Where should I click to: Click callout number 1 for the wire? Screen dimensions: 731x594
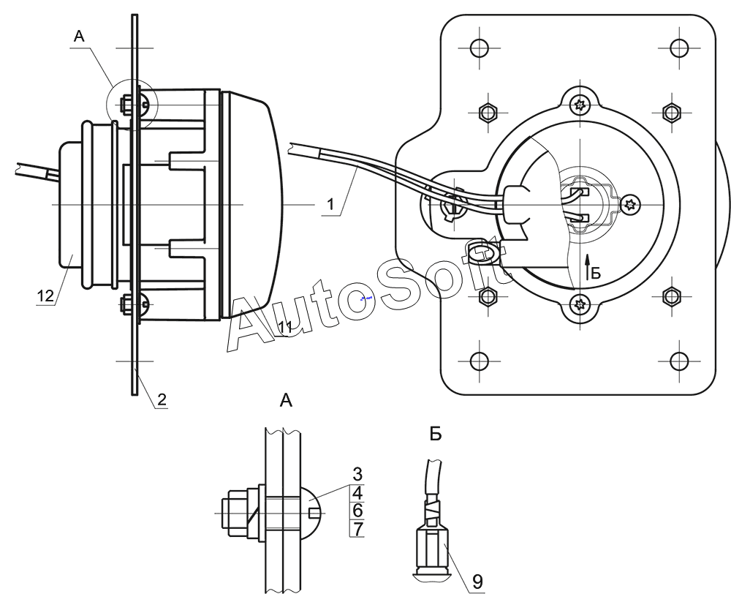[x=330, y=204]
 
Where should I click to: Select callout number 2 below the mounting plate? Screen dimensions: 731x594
[x=162, y=399]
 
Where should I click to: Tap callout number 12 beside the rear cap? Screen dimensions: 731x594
[x=45, y=296]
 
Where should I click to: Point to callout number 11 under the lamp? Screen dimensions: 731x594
[x=285, y=327]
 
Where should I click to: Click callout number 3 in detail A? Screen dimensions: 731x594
[x=357, y=474]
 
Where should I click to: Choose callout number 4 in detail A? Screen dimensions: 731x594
[x=357, y=493]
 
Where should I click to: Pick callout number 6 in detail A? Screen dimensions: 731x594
[x=357, y=511]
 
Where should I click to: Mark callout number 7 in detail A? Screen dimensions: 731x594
[x=357, y=529]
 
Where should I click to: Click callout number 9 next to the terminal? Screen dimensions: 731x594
[x=477, y=582]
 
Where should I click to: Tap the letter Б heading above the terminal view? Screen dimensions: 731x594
[x=435, y=435]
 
